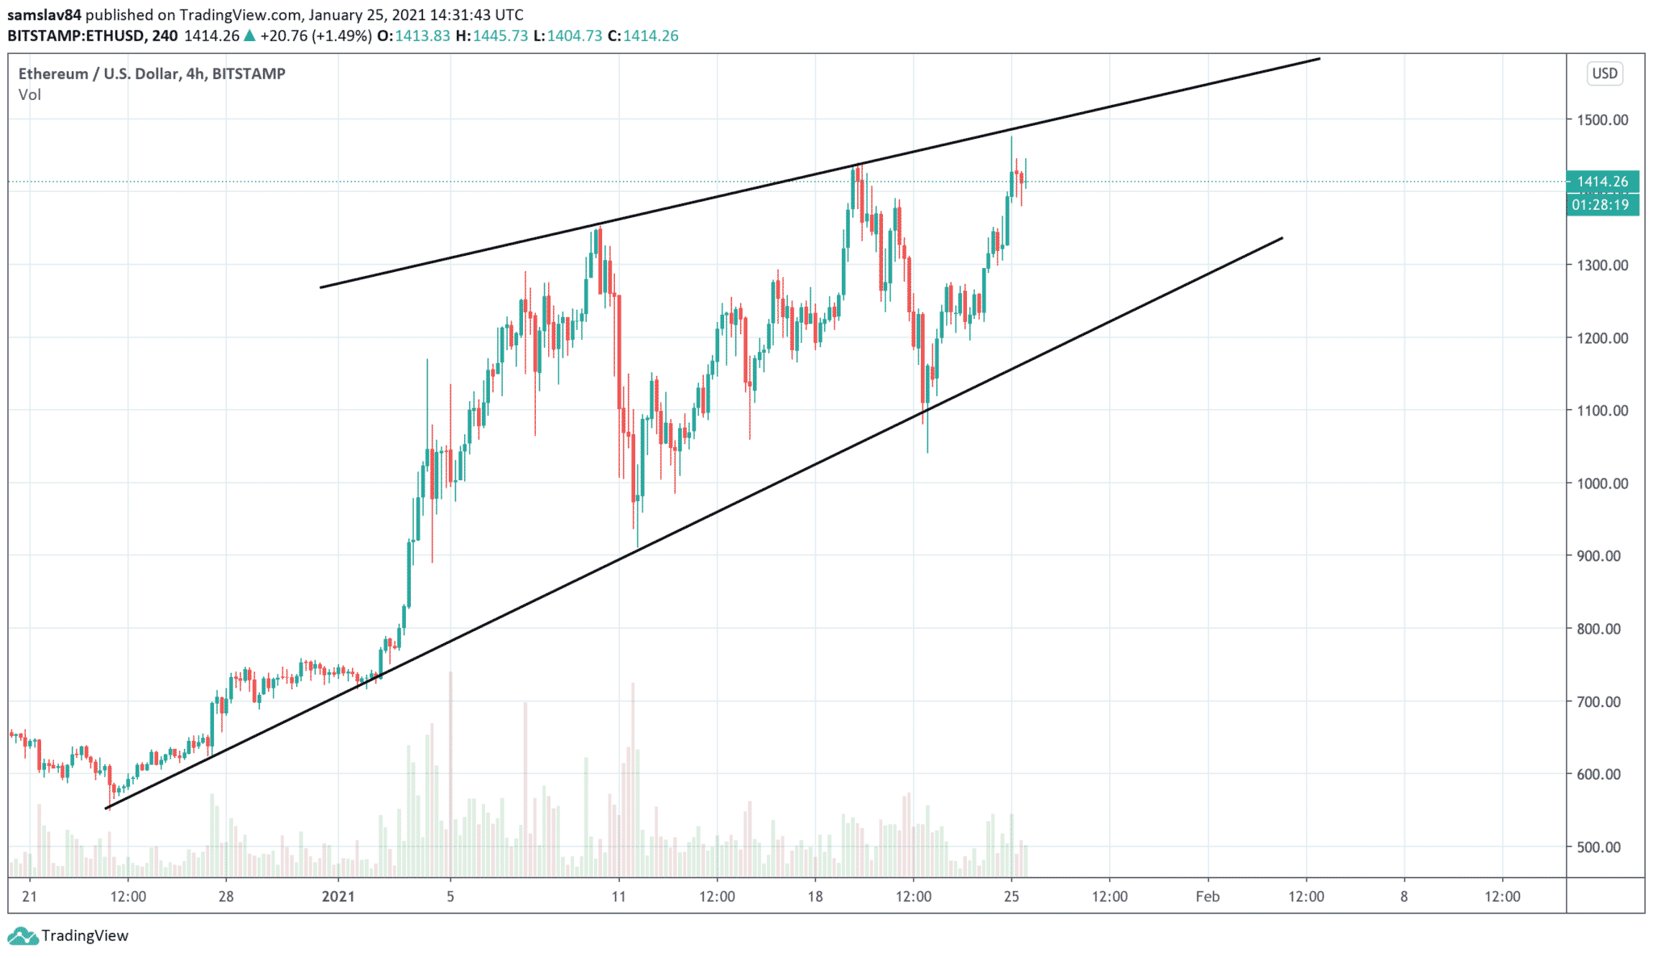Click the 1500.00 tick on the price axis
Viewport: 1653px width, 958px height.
coord(1602,120)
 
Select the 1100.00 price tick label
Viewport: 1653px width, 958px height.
coord(1602,411)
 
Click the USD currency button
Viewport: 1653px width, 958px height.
coord(1605,73)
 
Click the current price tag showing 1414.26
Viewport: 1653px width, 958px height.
coord(1602,182)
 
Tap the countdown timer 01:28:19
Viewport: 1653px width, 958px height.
coord(1602,205)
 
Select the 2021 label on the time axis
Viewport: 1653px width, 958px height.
coord(338,897)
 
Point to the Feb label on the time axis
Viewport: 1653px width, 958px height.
coord(1207,897)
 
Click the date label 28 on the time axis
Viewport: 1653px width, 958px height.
coord(226,897)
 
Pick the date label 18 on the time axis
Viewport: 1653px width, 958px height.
coord(815,897)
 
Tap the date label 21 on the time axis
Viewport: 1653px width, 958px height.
coord(30,897)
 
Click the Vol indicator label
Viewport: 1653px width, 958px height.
coord(30,95)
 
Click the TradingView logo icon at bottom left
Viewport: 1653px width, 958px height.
coord(22,936)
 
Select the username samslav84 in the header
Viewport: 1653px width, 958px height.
coord(44,15)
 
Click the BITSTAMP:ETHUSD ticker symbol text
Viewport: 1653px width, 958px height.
coord(76,36)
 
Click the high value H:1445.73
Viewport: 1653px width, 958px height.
coord(492,36)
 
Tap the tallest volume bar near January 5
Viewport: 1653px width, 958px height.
coord(450,775)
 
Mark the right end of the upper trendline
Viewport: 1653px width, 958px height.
coord(1319,58)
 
